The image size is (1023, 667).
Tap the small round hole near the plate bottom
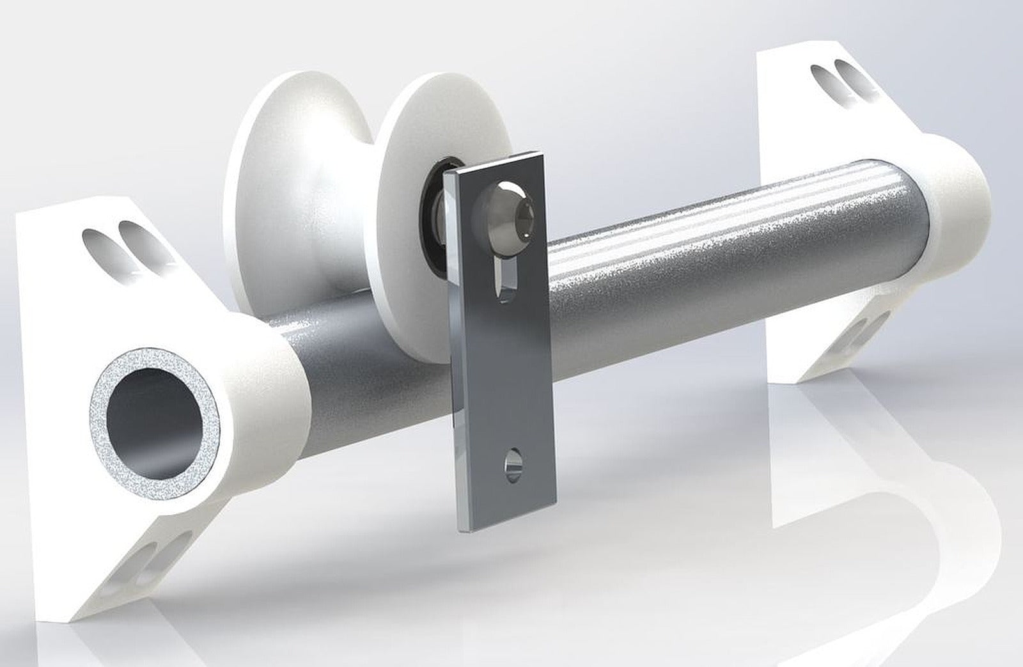512,462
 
